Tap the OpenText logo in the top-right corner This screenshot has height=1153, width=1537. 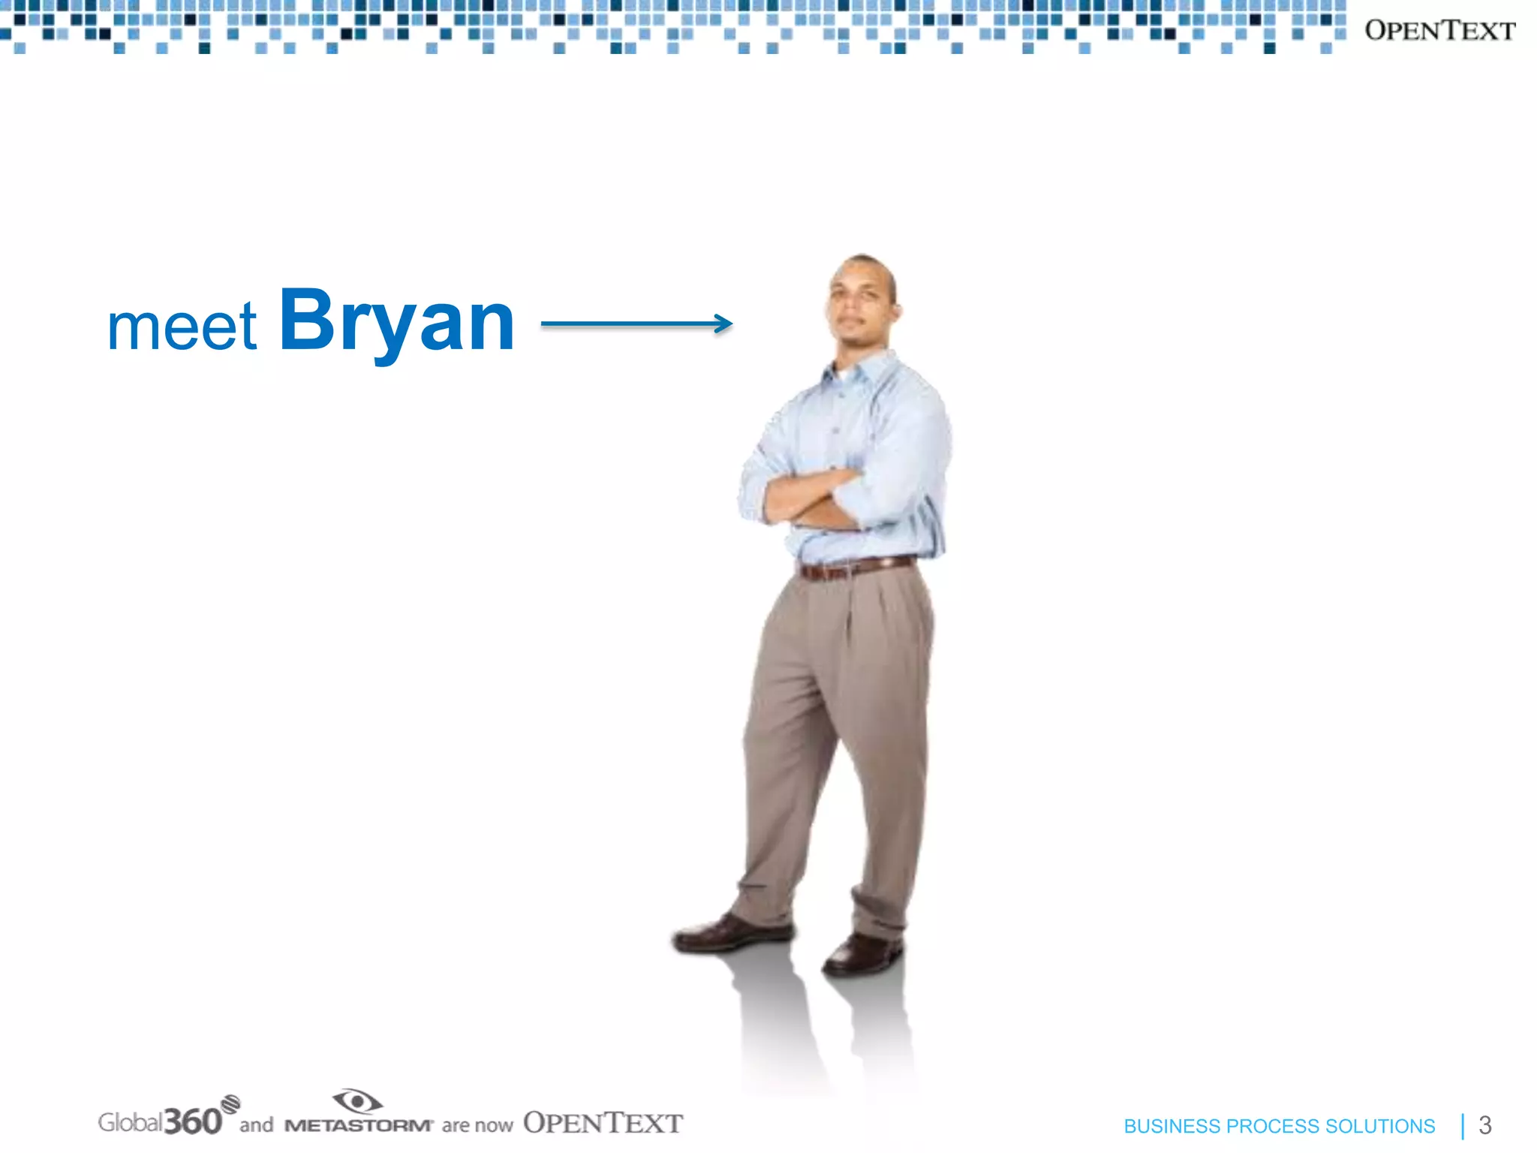pyautogui.click(x=1439, y=31)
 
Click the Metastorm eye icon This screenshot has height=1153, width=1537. pyautogui.click(x=357, y=1101)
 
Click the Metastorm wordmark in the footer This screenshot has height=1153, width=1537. pyautogui.click(x=359, y=1125)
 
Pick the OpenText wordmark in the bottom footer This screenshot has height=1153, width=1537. pyautogui.click(x=603, y=1123)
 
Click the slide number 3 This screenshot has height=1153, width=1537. pyautogui.click(x=1484, y=1125)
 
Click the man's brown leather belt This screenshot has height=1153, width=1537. pyautogui.click(x=856, y=567)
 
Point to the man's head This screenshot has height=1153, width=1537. pyautogui.click(x=863, y=300)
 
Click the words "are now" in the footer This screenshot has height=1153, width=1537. pyautogui.click(x=477, y=1125)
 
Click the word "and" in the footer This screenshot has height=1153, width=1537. pyautogui.click(x=256, y=1124)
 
